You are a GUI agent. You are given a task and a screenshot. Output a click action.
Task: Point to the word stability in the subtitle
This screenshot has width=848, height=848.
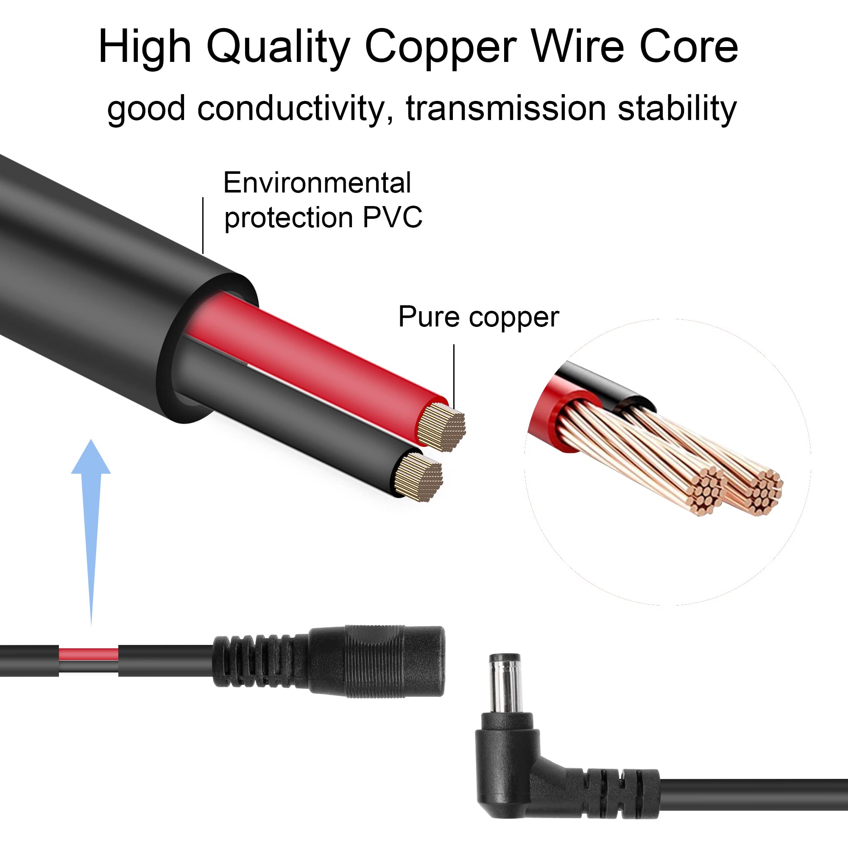(x=677, y=109)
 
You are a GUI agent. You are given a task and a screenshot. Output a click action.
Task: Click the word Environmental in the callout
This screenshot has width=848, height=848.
(x=317, y=183)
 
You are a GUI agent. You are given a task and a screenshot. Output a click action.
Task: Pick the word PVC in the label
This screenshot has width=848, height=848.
(x=392, y=217)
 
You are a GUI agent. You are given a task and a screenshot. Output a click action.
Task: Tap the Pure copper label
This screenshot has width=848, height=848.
(x=478, y=317)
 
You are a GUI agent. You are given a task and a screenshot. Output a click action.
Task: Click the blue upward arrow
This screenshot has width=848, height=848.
(x=91, y=532)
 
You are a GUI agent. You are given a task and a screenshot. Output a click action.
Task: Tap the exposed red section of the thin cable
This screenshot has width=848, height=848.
(x=88, y=654)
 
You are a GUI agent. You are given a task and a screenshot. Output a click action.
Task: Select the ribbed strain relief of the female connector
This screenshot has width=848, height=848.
(x=262, y=661)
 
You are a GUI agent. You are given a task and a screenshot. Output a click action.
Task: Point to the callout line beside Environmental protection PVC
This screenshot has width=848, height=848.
(x=203, y=225)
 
